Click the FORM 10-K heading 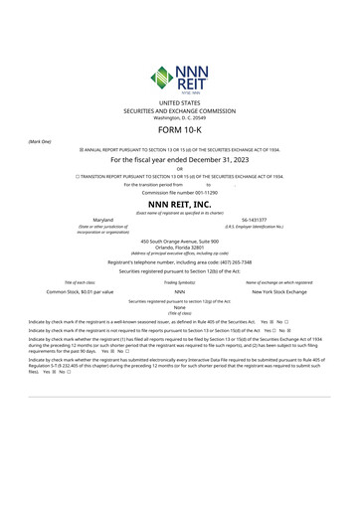(180, 130)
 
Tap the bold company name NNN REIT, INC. (180, 204)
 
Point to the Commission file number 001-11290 (180, 192)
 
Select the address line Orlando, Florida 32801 (180, 247)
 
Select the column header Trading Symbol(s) (180, 282)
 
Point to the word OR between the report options (180, 169)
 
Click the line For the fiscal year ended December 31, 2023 (180, 159)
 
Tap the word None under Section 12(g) (180, 307)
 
